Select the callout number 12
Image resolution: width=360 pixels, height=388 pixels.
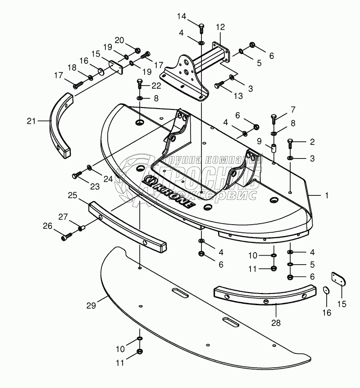(x=220, y=27)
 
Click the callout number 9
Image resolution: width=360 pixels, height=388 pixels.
(x=259, y=141)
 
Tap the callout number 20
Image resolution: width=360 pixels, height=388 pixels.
(x=118, y=40)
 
